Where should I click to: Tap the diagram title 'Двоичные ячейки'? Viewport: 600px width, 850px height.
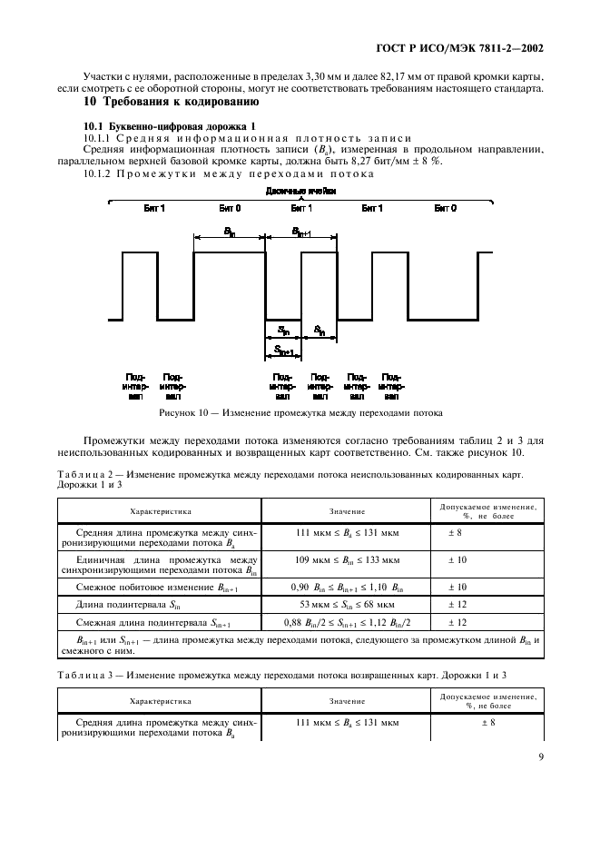click(x=301, y=192)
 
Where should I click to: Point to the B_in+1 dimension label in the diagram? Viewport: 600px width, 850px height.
click(x=301, y=232)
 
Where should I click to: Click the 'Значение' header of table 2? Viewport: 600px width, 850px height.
click(x=346, y=511)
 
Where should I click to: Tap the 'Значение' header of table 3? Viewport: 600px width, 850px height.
click(x=346, y=701)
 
